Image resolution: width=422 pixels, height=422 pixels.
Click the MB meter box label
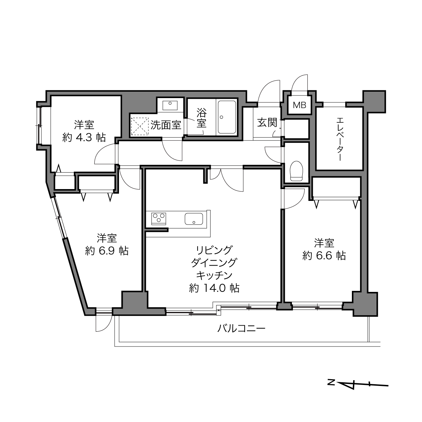tap(299, 105)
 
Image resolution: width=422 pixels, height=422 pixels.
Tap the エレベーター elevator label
tap(340, 139)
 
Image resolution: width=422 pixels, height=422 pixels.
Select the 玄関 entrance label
tap(267, 122)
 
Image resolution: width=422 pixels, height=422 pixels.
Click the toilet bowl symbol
tap(296, 171)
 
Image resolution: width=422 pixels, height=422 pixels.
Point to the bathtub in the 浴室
tap(227, 117)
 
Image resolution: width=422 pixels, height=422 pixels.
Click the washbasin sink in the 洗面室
tap(170, 105)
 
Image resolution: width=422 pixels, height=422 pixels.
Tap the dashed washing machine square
tap(140, 126)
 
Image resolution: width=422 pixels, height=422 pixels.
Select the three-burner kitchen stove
tap(159, 218)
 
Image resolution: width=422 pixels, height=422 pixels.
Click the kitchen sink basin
tap(193, 218)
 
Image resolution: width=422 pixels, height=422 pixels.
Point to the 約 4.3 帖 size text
tap(84, 138)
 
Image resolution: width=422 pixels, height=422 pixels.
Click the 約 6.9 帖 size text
tap(107, 251)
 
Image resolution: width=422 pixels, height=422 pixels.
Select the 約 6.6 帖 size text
tap(324, 255)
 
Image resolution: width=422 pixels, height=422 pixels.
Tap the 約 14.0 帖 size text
tap(214, 288)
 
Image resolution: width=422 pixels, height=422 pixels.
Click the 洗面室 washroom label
tap(166, 125)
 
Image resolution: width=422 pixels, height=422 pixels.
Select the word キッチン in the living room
tap(214, 275)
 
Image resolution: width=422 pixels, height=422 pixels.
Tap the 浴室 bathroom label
tap(202, 118)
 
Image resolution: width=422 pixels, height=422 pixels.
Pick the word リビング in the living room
tap(214, 250)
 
